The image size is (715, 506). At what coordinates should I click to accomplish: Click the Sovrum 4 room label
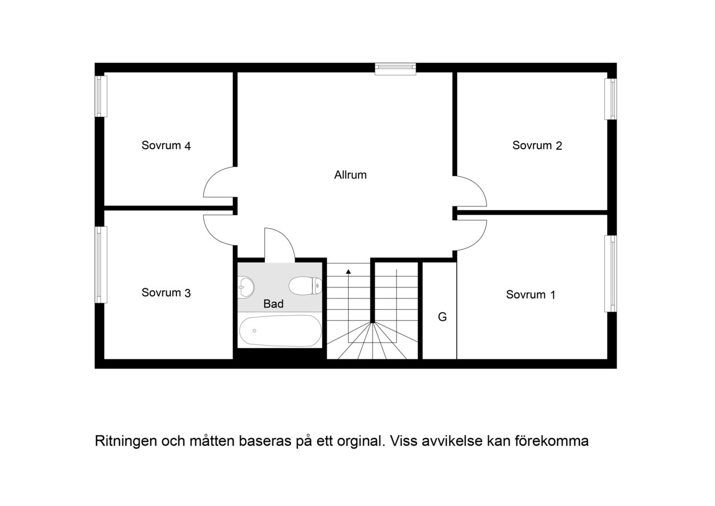pyautogui.click(x=166, y=146)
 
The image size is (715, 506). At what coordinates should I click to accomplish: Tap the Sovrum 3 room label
pyautogui.click(x=166, y=293)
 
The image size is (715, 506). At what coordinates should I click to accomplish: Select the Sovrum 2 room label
pyautogui.click(x=537, y=146)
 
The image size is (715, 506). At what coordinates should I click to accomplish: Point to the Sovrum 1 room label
pyautogui.click(x=531, y=295)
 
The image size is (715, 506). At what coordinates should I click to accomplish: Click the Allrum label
pyautogui.click(x=350, y=175)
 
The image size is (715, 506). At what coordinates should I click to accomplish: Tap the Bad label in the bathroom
pyautogui.click(x=273, y=304)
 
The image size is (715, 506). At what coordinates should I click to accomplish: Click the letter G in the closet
pyautogui.click(x=442, y=317)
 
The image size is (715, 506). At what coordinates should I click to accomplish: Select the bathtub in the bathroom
pyautogui.click(x=280, y=331)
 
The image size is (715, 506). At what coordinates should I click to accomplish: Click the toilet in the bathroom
pyautogui.click(x=305, y=286)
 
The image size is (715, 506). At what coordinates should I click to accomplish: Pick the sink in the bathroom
pyautogui.click(x=246, y=287)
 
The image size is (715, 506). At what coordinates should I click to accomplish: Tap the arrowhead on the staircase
pyautogui.click(x=348, y=272)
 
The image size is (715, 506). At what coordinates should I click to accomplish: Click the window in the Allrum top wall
pyautogui.click(x=395, y=69)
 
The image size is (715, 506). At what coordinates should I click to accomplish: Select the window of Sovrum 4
pyautogui.click(x=101, y=96)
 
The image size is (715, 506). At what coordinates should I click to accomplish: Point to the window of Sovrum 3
pyautogui.click(x=101, y=265)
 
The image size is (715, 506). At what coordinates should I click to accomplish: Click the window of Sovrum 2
pyautogui.click(x=611, y=99)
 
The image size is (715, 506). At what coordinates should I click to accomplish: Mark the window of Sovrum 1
pyautogui.click(x=611, y=274)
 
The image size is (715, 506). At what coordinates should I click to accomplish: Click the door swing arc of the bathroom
pyautogui.click(x=287, y=238)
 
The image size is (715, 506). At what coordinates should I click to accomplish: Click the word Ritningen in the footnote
pyautogui.click(x=126, y=441)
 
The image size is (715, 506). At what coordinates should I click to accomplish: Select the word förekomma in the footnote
pyautogui.click(x=552, y=441)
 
